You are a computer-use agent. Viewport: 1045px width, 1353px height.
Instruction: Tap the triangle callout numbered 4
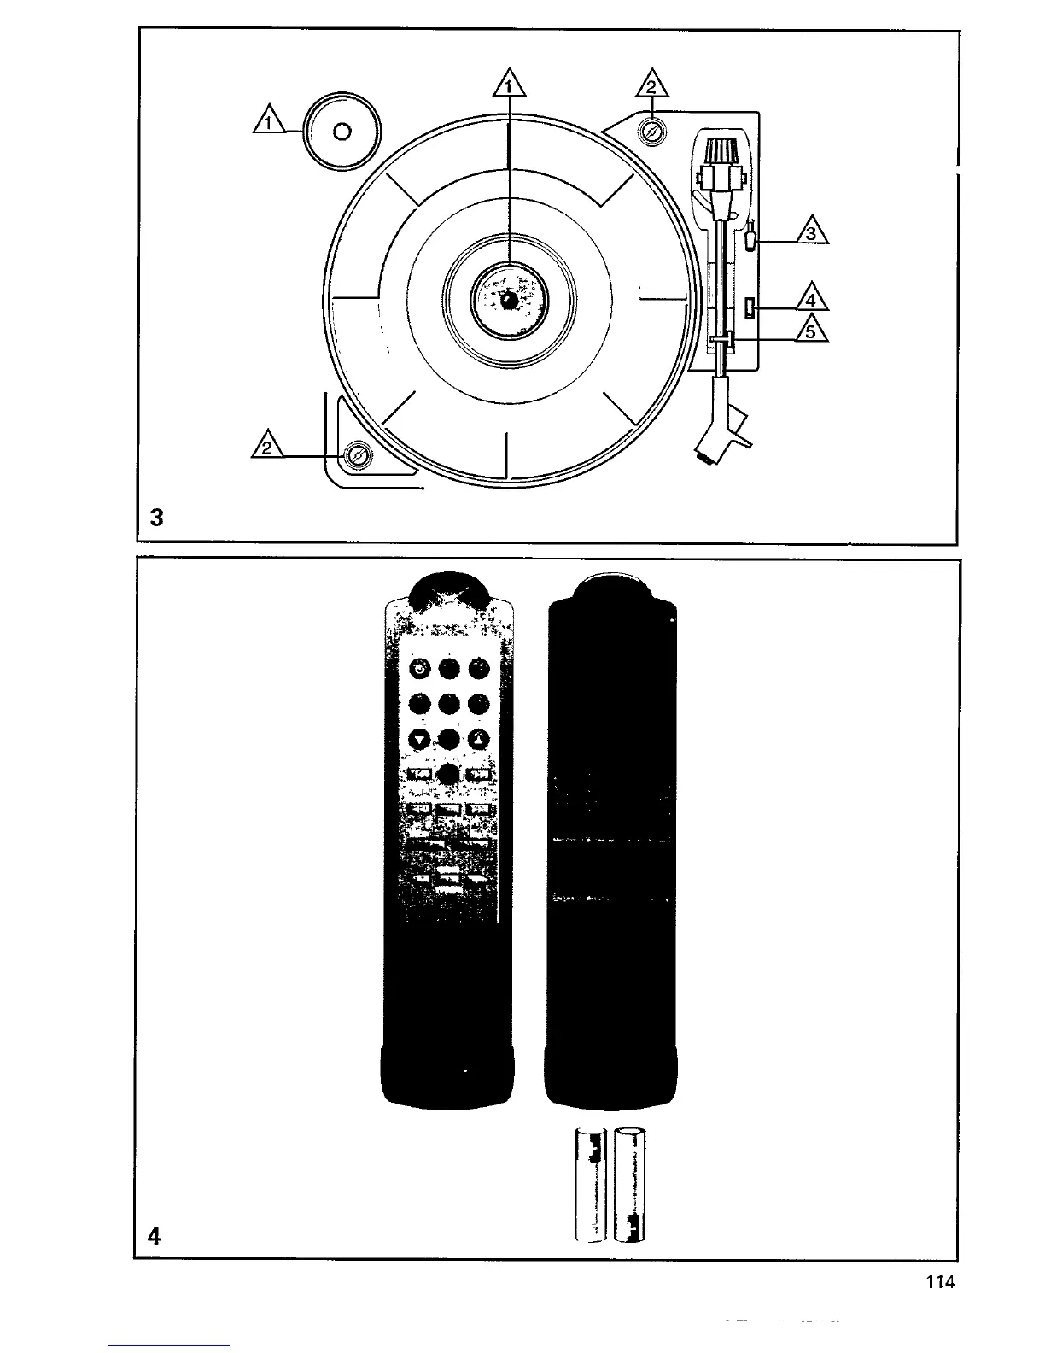[812, 299]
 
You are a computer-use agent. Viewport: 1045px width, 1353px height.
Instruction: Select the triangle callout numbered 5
[812, 329]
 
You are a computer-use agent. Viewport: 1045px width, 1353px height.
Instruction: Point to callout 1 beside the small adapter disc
[270, 122]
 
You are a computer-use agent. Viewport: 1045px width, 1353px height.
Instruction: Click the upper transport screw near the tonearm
[651, 132]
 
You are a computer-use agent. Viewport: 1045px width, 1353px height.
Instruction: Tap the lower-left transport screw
[358, 457]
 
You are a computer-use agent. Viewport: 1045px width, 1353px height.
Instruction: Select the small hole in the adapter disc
[342, 132]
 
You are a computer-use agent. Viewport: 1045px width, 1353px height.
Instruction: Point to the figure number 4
[154, 1235]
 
